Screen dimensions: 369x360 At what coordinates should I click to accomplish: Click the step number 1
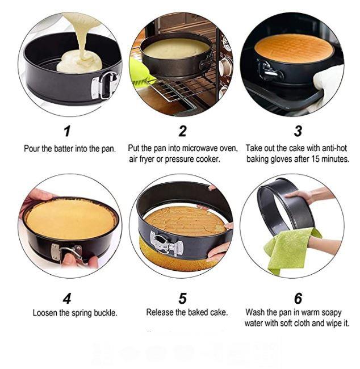(x=67, y=132)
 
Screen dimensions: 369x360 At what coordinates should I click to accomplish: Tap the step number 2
(x=182, y=132)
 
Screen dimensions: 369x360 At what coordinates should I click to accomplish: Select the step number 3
(x=298, y=132)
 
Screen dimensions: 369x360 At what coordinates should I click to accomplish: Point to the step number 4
(x=67, y=297)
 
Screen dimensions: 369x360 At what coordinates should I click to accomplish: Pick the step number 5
(x=182, y=297)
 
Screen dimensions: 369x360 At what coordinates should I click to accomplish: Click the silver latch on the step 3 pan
(x=269, y=71)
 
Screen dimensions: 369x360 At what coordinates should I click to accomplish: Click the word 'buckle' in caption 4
(x=106, y=313)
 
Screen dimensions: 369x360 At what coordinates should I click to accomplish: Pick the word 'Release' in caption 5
(x=160, y=312)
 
